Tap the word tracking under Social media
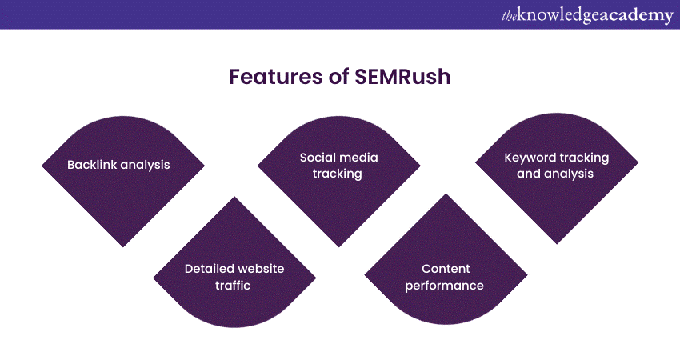[338, 173]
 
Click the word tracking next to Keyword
[584, 158]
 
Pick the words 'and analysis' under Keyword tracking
[555, 173]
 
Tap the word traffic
[234, 285]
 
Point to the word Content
[444, 269]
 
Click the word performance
[444, 285]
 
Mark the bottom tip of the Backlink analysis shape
[122, 246]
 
